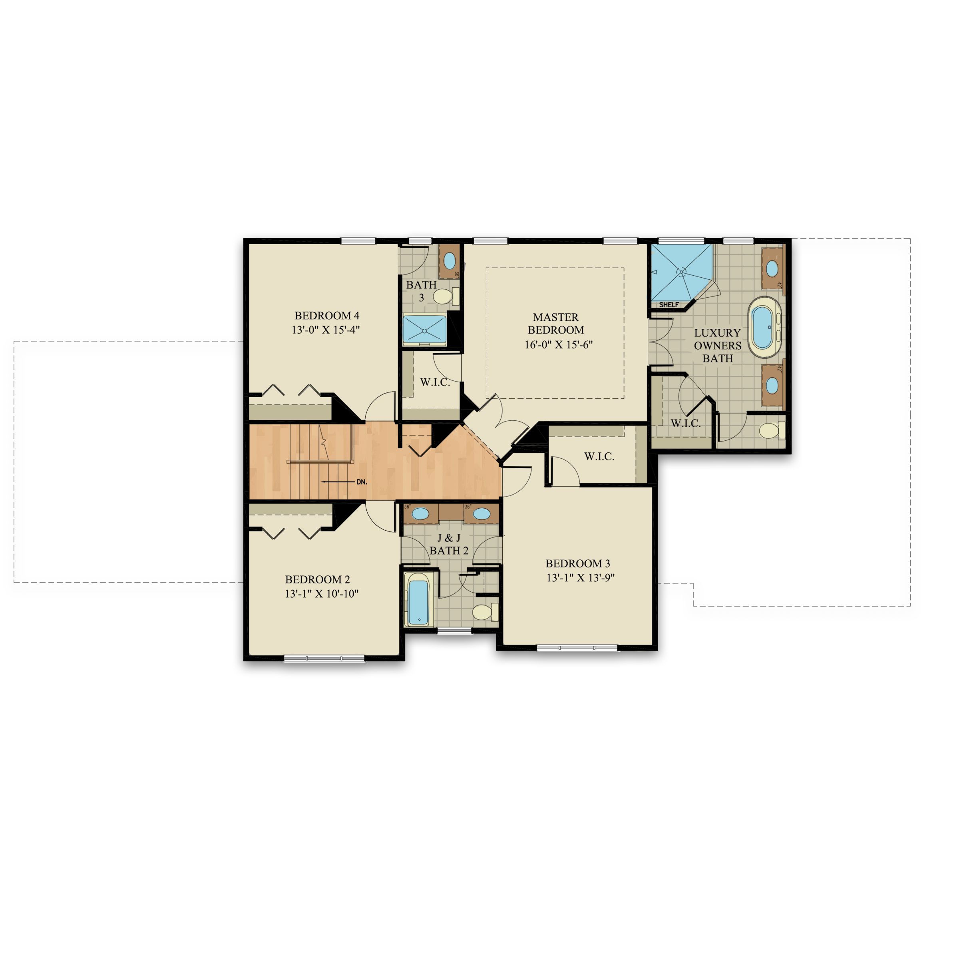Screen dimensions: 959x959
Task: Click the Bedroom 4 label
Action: (326, 316)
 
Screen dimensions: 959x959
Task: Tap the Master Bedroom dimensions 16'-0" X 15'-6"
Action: (559, 344)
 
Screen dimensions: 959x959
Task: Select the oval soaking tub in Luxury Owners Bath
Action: (764, 328)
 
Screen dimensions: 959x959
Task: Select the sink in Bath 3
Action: (450, 260)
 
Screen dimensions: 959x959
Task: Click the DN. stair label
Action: (361, 482)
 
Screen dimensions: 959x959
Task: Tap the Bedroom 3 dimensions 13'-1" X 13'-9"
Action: (580, 578)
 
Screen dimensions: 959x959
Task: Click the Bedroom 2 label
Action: (317, 579)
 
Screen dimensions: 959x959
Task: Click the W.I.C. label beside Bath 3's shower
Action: (435, 382)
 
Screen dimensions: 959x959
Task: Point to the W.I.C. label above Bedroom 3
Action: (599, 456)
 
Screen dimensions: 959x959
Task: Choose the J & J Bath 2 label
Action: (449, 544)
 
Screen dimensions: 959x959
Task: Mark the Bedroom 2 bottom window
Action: (324, 658)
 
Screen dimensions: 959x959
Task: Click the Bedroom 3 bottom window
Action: (577, 647)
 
